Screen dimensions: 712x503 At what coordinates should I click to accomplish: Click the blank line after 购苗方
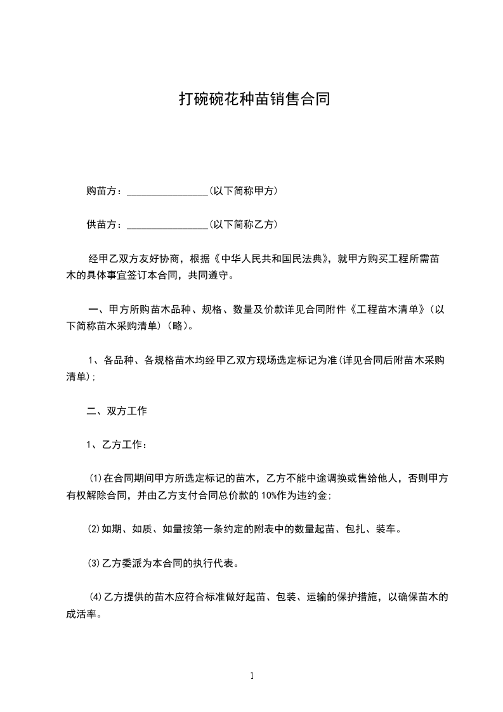pos(167,192)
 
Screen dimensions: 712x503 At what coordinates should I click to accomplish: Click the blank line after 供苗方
pos(167,225)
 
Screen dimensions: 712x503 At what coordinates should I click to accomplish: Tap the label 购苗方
pos(101,191)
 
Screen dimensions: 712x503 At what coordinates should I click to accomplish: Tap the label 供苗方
pos(101,225)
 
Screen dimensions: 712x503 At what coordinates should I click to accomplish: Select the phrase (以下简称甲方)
pos(243,191)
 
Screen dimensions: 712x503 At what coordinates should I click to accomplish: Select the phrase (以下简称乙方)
pos(243,225)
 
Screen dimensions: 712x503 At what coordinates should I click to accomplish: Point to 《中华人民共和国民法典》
pos(273,259)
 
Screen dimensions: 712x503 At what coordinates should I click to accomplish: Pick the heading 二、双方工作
pos(117,411)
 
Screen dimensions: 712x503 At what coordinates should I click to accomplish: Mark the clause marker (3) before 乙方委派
pos(93,563)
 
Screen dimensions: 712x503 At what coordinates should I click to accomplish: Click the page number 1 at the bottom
pos(252,676)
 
